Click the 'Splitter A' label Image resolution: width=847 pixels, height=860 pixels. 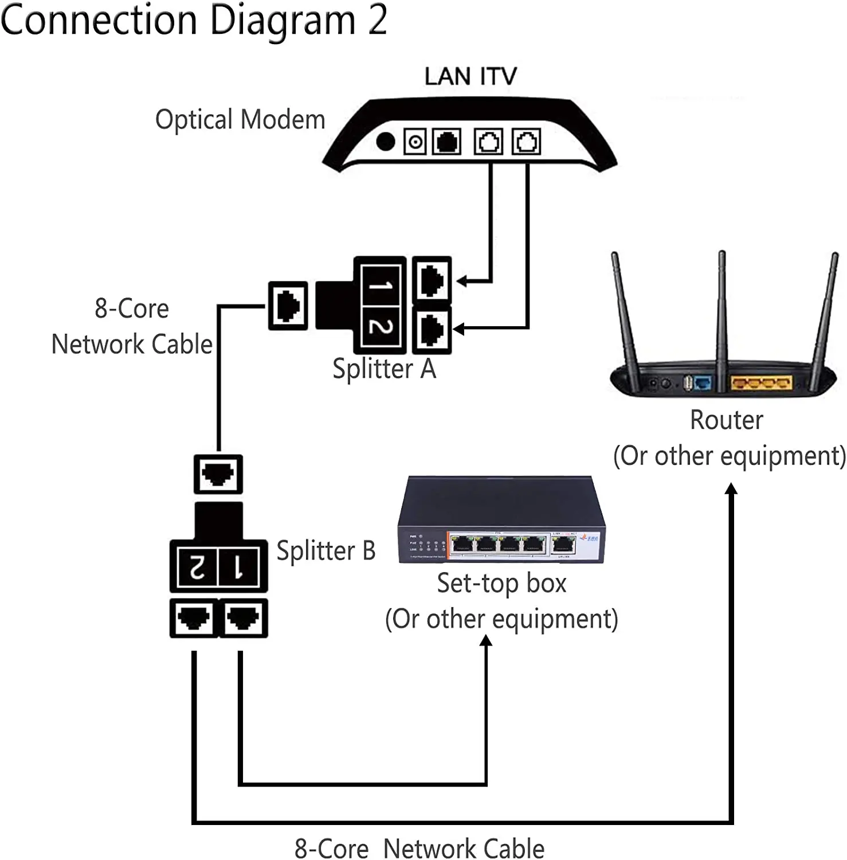click(385, 369)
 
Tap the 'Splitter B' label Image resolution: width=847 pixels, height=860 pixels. click(326, 551)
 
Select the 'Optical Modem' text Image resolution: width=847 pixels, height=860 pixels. click(240, 120)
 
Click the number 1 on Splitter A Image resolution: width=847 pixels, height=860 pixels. click(379, 285)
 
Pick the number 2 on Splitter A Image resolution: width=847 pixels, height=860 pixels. click(379, 326)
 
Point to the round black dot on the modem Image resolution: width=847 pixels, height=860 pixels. click(386, 141)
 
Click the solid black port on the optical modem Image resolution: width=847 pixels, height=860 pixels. click(447, 142)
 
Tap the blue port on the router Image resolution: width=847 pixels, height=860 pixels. click(703, 382)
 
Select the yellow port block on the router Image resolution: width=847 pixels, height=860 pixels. click(761, 382)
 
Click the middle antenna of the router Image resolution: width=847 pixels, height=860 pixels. click(722, 310)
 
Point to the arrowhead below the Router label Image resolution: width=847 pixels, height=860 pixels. click(731, 489)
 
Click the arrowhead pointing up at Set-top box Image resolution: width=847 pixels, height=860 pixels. click(486, 641)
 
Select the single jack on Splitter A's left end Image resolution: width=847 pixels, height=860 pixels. click(288, 306)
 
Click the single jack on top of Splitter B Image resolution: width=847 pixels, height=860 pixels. click(218, 474)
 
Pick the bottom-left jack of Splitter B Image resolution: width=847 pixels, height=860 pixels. click(194, 618)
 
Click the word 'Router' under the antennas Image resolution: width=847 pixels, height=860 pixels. click(726, 420)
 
